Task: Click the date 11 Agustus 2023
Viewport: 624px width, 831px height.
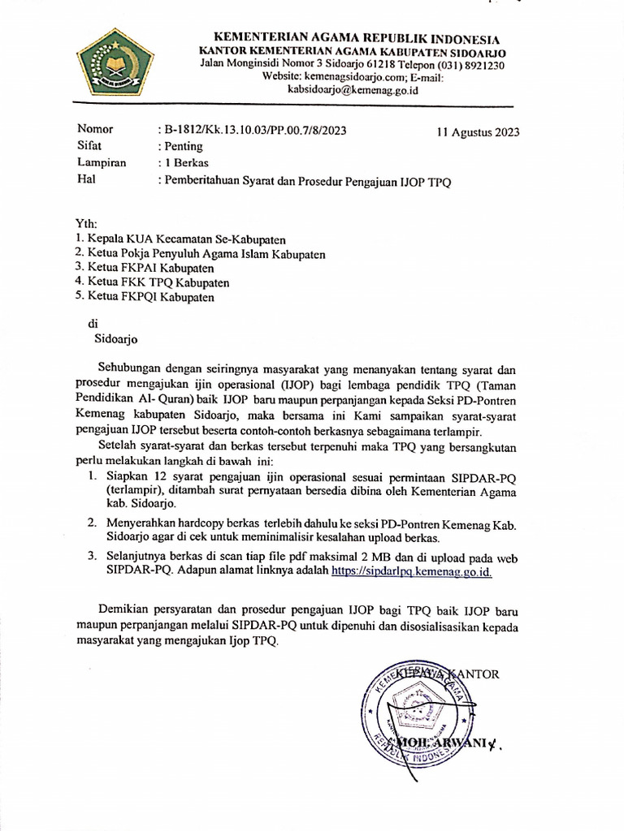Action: (478, 131)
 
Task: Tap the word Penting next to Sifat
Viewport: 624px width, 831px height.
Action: (184, 147)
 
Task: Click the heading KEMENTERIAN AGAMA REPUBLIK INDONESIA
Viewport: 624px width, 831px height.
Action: (356, 39)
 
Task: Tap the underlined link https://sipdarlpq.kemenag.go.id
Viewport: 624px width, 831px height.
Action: (412, 571)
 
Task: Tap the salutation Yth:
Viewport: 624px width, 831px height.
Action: (84, 224)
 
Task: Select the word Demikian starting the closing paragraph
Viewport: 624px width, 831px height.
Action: (123, 609)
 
